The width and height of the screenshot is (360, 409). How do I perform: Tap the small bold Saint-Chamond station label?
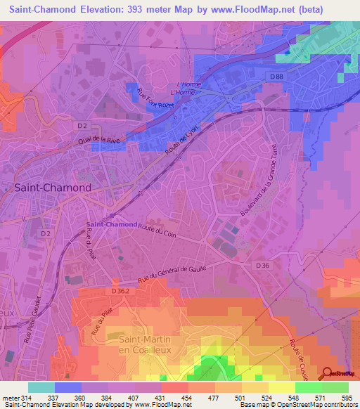click(111, 224)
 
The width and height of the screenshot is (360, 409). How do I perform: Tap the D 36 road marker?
click(262, 265)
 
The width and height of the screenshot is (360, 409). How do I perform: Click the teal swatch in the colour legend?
click(41, 387)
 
